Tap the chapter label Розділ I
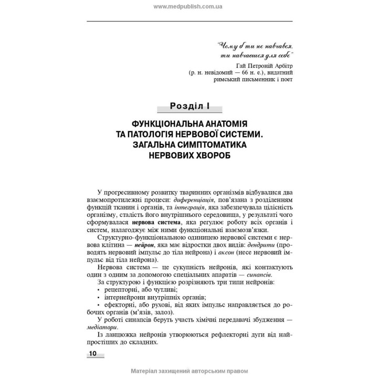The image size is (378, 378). (x=190, y=107)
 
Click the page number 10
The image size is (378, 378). (x=92, y=353)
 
